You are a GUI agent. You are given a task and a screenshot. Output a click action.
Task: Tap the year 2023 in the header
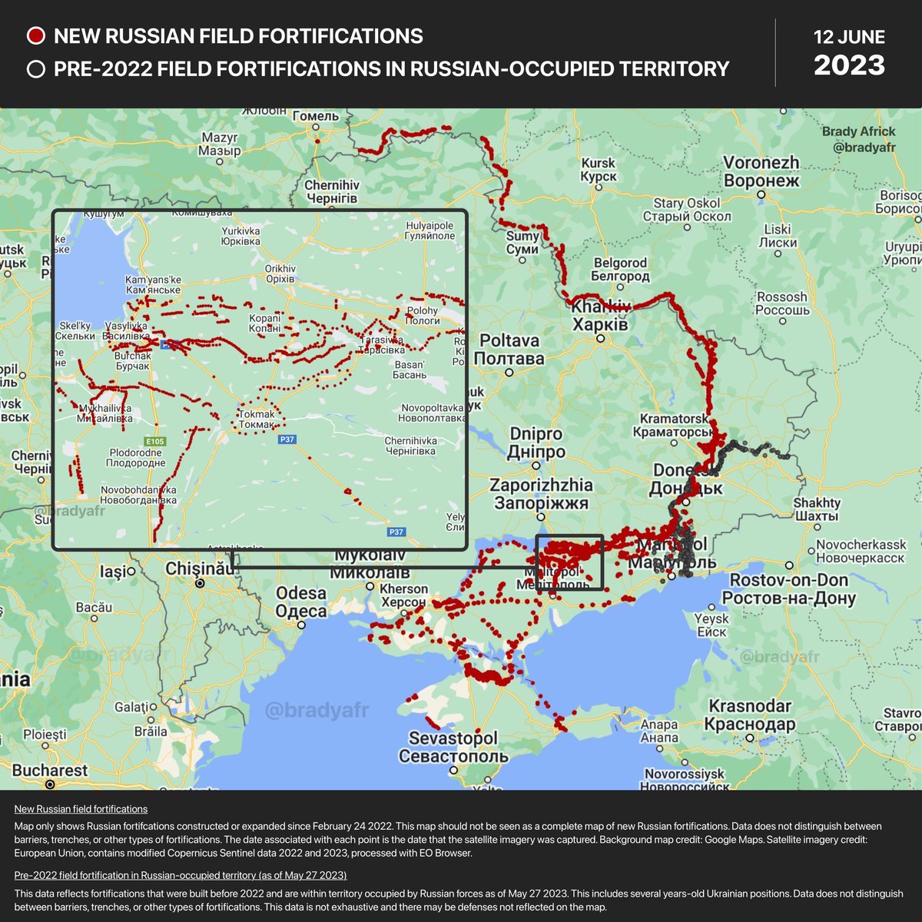click(x=849, y=66)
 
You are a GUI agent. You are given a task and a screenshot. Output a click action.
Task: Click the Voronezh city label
click(x=761, y=172)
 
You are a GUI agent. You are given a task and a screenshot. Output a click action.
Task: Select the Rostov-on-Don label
click(x=788, y=589)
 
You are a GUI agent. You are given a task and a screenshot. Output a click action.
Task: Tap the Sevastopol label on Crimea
click(x=453, y=747)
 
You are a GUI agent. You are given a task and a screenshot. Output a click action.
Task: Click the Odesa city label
click(x=301, y=602)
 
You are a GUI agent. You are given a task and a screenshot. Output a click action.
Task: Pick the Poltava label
click(x=509, y=349)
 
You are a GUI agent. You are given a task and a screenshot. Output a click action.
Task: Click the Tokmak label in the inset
click(x=257, y=419)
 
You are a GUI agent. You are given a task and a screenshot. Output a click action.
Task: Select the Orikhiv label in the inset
click(x=280, y=274)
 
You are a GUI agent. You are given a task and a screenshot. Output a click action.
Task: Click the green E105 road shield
click(x=156, y=441)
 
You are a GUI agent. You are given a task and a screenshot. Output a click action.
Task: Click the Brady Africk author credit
click(x=858, y=138)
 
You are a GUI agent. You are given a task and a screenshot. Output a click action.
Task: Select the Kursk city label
click(x=598, y=170)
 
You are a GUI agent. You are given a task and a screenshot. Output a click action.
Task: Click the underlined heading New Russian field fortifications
click(x=81, y=809)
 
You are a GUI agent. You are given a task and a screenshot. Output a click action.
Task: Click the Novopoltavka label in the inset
click(x=432, y=413)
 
